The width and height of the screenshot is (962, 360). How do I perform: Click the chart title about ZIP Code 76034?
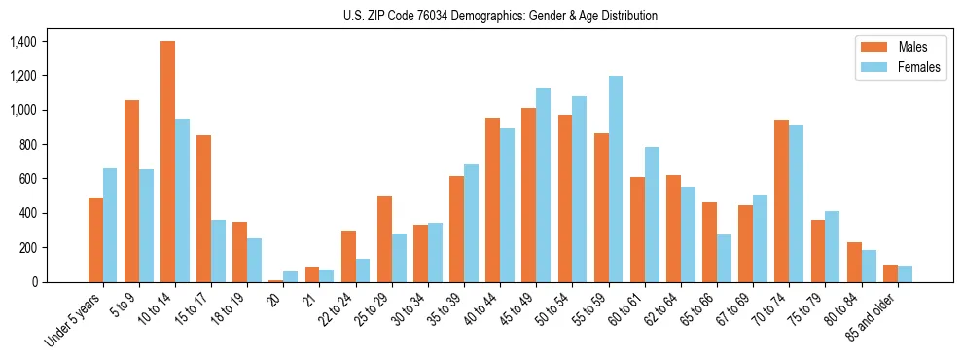[x=500, y=16]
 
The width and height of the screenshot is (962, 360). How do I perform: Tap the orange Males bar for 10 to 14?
[x=167, y=162]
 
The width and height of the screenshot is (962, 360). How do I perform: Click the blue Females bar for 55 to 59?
[x=616, y=179]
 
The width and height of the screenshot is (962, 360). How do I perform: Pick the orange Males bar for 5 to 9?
[x=131, y=191]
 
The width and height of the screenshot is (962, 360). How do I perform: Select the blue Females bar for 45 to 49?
[x=544, y=185]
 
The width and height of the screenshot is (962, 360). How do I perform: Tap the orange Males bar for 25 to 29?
[x=384, y=238]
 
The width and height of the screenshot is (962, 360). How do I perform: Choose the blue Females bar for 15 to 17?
[x=218, y=251]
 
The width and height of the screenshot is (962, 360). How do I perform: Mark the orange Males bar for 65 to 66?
[x=709, y=242]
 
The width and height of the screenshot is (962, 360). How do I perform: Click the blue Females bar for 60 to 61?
[x=652, y=214]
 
